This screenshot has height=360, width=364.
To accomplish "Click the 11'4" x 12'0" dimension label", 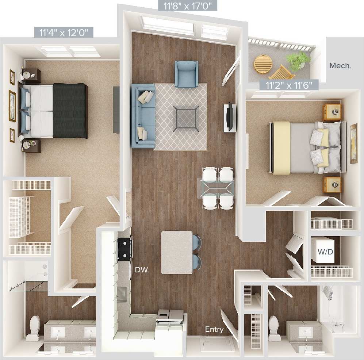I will tap(64, 32).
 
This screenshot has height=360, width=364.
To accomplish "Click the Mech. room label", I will tap(340, 66).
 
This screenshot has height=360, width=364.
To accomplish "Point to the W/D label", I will tap(325, 252).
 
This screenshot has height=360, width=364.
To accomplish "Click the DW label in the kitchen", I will tap(141, 270).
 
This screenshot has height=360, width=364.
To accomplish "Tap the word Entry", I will tap(214, 329).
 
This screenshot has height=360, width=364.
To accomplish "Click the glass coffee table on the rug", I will tap(187, 118).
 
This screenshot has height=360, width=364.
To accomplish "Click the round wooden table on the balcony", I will tap(263, 64).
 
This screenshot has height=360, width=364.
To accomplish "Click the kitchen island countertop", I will tap(177, 252).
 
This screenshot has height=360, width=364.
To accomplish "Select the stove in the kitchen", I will tap(125, 249).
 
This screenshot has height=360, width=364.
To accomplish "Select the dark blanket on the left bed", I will tap(70, 111).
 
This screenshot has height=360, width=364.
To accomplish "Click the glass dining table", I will tap(217, 188).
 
